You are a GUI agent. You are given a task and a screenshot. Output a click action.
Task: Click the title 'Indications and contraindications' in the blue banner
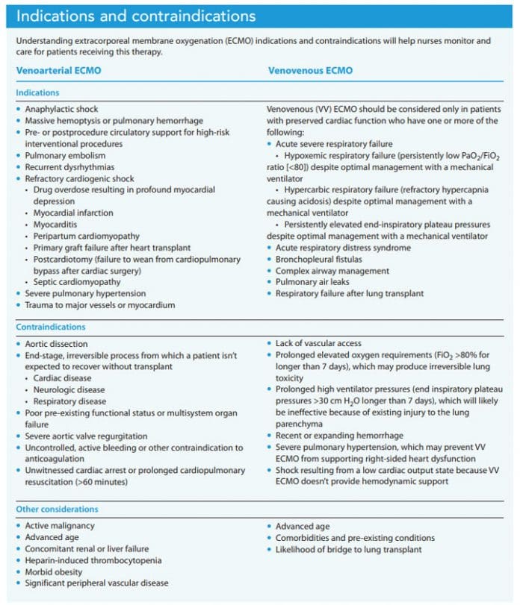coord(136,16)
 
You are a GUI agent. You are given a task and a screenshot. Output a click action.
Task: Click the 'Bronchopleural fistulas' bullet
coord(320,259)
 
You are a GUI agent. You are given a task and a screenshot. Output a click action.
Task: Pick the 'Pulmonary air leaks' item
coord(312,282)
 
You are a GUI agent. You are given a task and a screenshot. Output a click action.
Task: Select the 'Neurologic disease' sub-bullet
coord(69,389)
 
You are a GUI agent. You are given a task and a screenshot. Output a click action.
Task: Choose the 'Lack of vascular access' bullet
coord(321,344)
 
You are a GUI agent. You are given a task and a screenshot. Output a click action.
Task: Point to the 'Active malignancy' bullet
coord(60,527)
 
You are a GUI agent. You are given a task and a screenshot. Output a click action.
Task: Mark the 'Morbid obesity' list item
coord(54,571)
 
